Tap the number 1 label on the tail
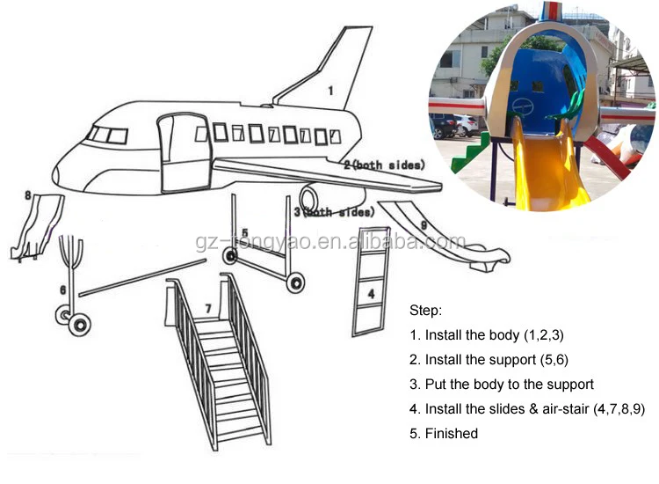tap(330, 90)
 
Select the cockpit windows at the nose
tap(107, 135)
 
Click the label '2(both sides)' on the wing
tap(384, 165)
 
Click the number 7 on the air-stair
tap(208, 308)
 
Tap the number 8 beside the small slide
tap(28, 195)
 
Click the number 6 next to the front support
tap(62, 289)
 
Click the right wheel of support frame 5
tap(296, 282)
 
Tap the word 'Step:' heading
tap(425, 312)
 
